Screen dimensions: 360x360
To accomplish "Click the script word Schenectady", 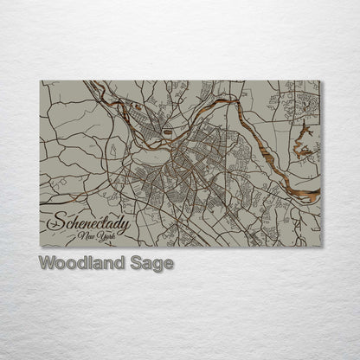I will [86, 224].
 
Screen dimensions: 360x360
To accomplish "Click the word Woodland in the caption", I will [80, 262].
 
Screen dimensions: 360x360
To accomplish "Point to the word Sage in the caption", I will [150, 262].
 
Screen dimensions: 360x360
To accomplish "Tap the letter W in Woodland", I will [45, 262].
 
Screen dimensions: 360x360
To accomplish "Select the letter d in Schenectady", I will [114, 222].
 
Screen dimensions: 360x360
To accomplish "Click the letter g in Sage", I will [155, 264].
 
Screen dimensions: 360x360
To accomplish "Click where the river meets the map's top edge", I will [93, 81].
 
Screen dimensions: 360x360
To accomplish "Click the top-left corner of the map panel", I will [41, 81].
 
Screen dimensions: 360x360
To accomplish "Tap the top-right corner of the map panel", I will [320, 81].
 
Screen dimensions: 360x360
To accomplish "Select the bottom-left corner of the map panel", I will [41, 247].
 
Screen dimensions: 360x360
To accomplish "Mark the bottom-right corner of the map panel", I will [320, 247].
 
